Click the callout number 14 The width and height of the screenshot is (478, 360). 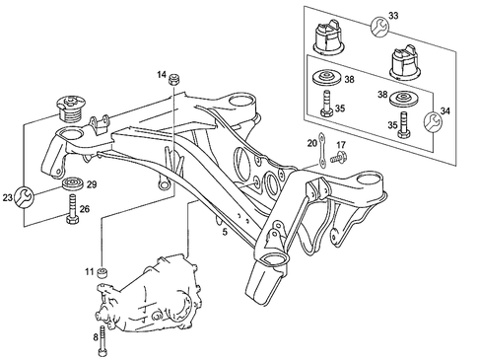[x=162, y=74]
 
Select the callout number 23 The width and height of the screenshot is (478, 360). [x=9, y=198]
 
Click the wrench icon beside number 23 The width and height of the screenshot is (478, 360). [x=27, y=195]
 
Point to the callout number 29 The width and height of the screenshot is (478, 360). [x=93, y=185]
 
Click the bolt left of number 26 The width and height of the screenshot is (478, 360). [x=72, y=210]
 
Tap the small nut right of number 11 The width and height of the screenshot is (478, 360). [x=105, y=271]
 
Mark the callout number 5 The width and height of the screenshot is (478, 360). [x=225, y=233]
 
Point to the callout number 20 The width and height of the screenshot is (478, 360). [x=312, y=144]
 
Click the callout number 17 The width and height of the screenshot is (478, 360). [x=341, y=144]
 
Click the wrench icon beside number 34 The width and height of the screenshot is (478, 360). [x=432, y=122]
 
